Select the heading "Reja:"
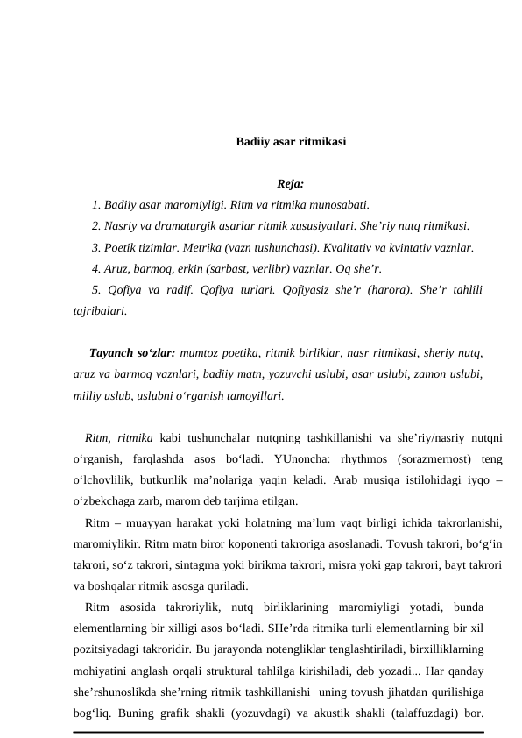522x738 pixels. pos(290,184)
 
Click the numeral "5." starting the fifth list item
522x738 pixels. pos(97,289)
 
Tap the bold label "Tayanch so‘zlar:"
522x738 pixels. pos(131,353)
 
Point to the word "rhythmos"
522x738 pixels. pos(367,458)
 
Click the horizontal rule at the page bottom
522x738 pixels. pos(279,731)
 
